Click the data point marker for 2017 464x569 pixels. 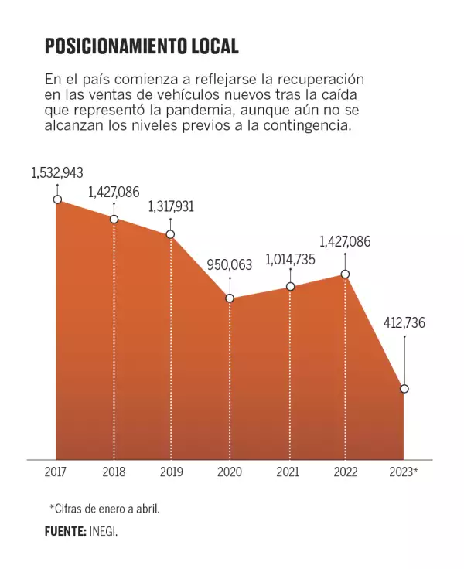57,199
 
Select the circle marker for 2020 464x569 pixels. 230,298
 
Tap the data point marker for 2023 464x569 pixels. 404,388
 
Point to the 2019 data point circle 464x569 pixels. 170,234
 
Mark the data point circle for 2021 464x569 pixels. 291,287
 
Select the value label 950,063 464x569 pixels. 230,265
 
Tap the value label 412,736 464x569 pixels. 403,323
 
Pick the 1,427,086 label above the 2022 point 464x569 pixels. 345,242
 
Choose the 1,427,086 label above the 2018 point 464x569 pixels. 114,192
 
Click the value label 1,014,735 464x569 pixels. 290,259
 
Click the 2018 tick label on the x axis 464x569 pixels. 114,472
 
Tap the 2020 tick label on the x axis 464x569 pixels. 230,472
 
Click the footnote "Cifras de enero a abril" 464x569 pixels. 110,508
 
